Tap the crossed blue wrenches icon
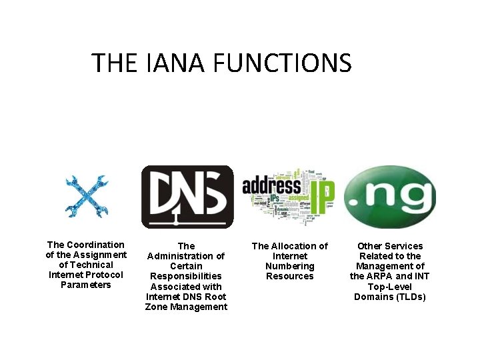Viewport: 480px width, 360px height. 86,196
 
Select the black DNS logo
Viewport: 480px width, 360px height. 187,197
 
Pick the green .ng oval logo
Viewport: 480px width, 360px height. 389,197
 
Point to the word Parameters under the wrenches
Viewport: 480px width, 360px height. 86,285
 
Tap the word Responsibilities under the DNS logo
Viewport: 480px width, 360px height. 186,276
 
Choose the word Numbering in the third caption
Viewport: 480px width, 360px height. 289,266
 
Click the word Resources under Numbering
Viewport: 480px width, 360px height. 289,276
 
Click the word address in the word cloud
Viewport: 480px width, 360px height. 271,185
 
